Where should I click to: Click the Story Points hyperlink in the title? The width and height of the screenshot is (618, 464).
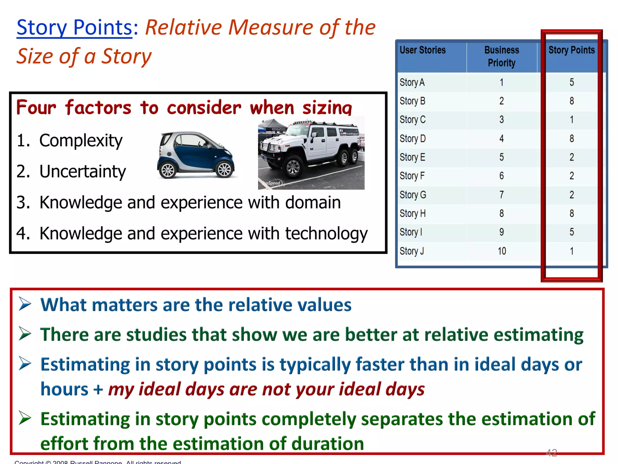[x=74, y=27]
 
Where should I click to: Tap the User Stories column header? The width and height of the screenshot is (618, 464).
[x=422, y=50]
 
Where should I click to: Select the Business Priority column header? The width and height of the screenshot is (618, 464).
[x=502, y=56]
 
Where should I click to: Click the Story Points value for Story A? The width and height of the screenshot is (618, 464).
[x=572, y=82]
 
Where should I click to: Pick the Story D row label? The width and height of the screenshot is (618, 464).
[x=413, y=139]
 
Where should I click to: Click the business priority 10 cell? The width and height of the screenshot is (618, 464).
[x=502, y=251]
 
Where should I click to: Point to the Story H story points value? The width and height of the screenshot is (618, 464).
[x=572, y=214]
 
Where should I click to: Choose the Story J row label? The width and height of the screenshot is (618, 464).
[x=412, y=251]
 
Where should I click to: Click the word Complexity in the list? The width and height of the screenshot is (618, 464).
[x=81, y=141]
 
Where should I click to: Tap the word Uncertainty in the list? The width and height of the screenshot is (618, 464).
[x=83, y=172]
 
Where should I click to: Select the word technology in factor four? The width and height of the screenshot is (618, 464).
[x=326, y=234]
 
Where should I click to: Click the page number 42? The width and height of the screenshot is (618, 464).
[x=551, y=453]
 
